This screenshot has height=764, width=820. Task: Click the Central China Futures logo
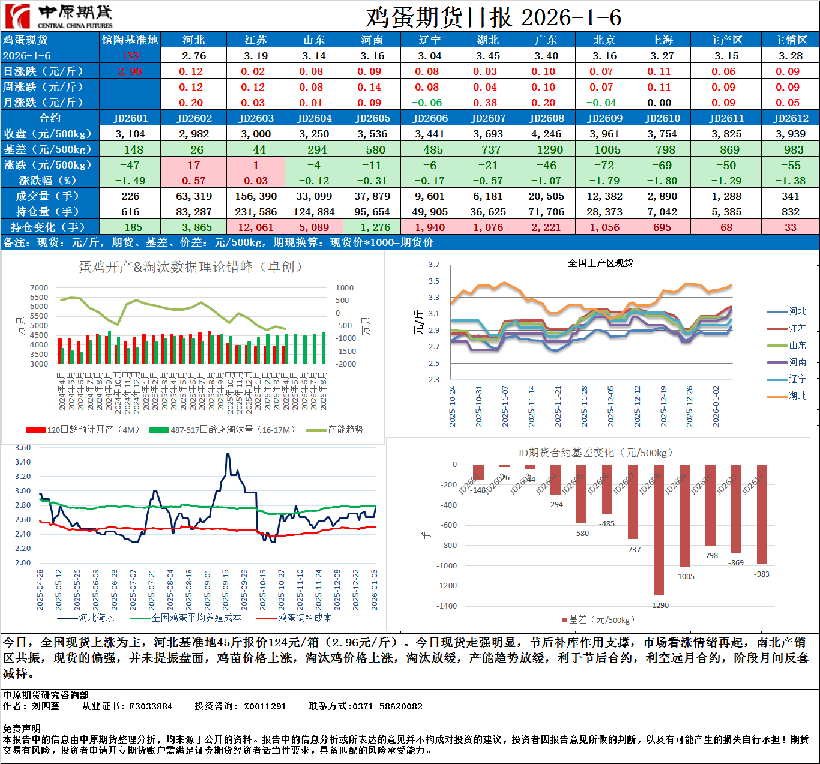[x=58, y=16]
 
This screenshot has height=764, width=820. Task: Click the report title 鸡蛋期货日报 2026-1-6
[x=493, y=17]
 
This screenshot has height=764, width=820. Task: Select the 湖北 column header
[x=488, y=40]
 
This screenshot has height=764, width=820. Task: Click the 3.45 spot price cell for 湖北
[x=488, y=56]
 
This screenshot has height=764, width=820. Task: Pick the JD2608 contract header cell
[x=546, y=118]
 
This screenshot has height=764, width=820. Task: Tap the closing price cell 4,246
[x=546, y=134]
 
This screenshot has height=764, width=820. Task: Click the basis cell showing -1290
[x=546, y=149]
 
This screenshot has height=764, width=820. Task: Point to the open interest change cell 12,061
[x=256, y=227]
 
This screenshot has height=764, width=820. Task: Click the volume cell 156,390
[x=256, y=196]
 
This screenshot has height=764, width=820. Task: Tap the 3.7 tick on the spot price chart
[x=434, y=265]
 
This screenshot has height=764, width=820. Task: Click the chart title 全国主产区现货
[x=600, y=263]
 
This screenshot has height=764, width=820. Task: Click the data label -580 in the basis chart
[x=581, y=533]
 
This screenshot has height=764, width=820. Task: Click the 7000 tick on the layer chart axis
[x=39, y=288]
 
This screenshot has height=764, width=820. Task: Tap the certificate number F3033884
[x=151, y=706]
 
